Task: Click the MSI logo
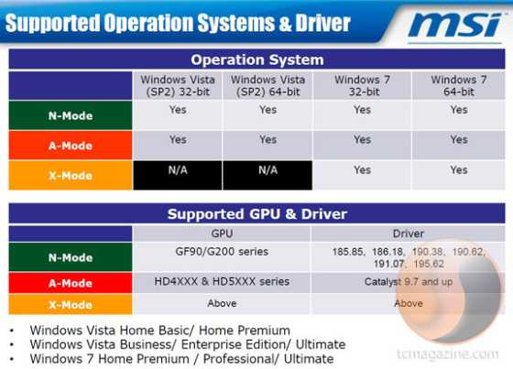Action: pyautogui.click(x=454, y=26)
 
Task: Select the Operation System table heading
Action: pyautogui.click(x=257, y=60)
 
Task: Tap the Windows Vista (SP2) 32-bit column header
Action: pyautogui.click(x=178, y=86)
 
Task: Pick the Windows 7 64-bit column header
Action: pyautogui.click(x=459, y=86)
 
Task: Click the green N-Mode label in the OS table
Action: pyautogui.click(x=71, y=115)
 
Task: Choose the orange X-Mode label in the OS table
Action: pyautogui.click(x=71, y=176)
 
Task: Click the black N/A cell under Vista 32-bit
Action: pyautogui.click(x=178, y=175)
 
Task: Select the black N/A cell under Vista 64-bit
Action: pyautogui.click(x=267, y=175)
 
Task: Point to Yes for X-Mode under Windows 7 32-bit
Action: pyautogui.click(x=362, y=170)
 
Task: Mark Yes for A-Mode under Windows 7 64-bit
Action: pyautogui.click(x=459, y=140)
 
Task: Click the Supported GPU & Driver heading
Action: pyautogui.click(x=257, y=214)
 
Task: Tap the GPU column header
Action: pyautogui.click(x=222, y=233)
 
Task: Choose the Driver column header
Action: pyautogui.click(x=409, y=233)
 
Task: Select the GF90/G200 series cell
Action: pyautogui.click(x=222, y=252)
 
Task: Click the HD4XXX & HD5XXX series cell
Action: pyautogui.click(x=222, y=282)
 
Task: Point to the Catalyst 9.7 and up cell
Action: pyautogui.click(x=409, y=282)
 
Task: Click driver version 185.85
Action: pyautogui.click(x=349, y=252)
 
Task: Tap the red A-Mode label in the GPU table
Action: pyautogui.click(x=71, y=283)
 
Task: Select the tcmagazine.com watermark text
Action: pyautogui.click(x=448, y=354)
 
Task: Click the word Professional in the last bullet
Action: pyautogui.click(x=238, y=359)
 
